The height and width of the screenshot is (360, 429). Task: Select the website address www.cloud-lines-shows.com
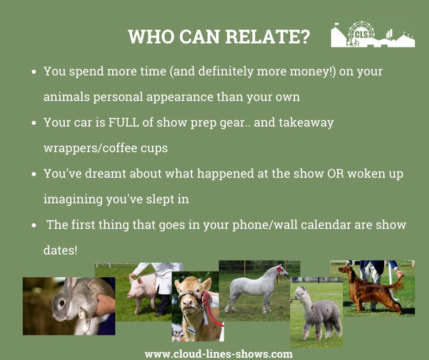(x=219, y=354)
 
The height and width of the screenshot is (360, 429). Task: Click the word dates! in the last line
(x=60, y=250)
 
